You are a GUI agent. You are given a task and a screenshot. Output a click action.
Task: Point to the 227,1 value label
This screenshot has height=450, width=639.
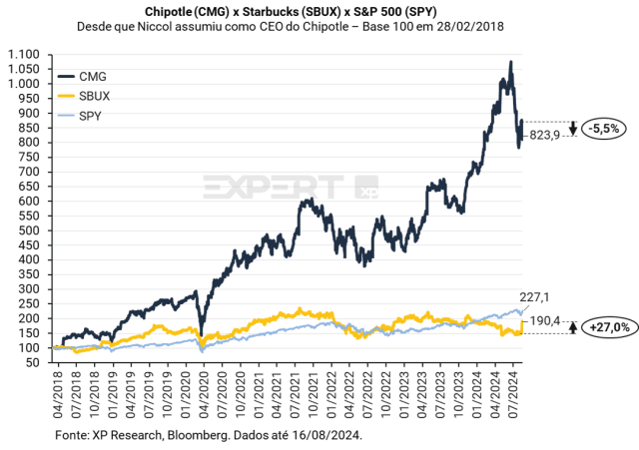535,295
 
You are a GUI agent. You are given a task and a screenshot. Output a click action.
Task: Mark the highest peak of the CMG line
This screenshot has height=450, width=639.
510,62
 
